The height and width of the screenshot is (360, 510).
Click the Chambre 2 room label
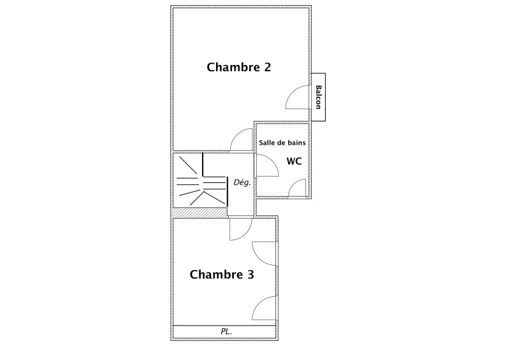click(x=238, y=67)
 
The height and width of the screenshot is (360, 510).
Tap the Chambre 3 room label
click(x=222, y=275)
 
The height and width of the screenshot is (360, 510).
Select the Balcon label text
click(x=318, y=97)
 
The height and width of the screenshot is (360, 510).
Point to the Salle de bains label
click(x=282, y=143)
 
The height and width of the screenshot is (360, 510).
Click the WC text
click(x=294, y=161)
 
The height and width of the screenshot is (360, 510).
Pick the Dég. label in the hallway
click(x=242, y=182)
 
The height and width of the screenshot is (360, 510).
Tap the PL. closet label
click(x=226, y=331)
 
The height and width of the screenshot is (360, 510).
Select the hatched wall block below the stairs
click(x=199, y=213)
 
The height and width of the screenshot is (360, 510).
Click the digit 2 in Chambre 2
click(x=267, y=68)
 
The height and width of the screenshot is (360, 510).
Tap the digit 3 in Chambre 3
click(x=251, y=275)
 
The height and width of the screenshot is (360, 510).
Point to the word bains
click(x=297, y=143)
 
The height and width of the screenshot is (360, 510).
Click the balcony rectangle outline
click(x=318, y=73)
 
